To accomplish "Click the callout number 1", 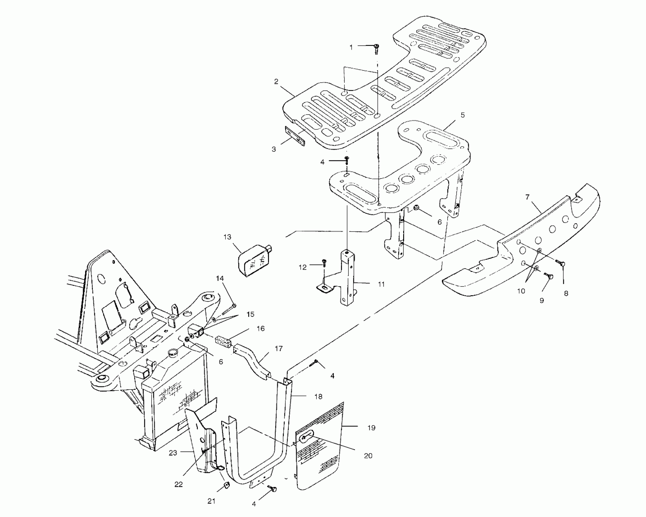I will (x=351, y=47).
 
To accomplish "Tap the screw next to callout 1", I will (x=377, y=48).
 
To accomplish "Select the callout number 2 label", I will (x=276, y=82).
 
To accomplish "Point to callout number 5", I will (x=463, y=115).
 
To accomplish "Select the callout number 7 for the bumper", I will (x=527, y=197).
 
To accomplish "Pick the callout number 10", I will (x=521, y=291).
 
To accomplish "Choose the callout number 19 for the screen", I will (x=372, y=428).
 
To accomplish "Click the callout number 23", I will (x=173, y=453).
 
